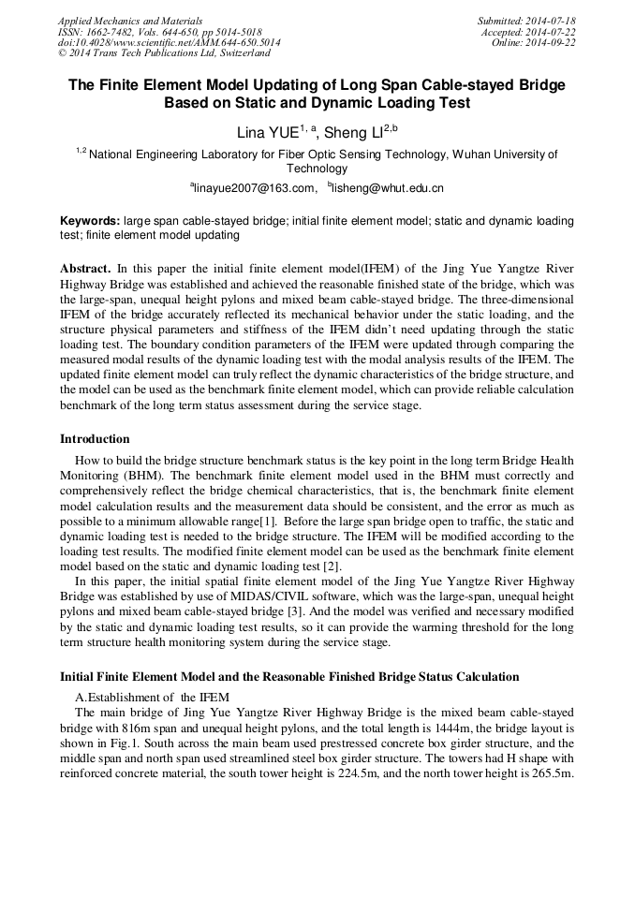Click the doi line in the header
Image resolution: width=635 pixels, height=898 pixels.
pos(169,43)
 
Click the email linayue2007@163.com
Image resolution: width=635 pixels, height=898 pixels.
pos(254,188)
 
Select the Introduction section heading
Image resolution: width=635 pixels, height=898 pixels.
pos(95,438)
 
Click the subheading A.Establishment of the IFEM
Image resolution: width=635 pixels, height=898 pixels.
pos(151,697)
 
